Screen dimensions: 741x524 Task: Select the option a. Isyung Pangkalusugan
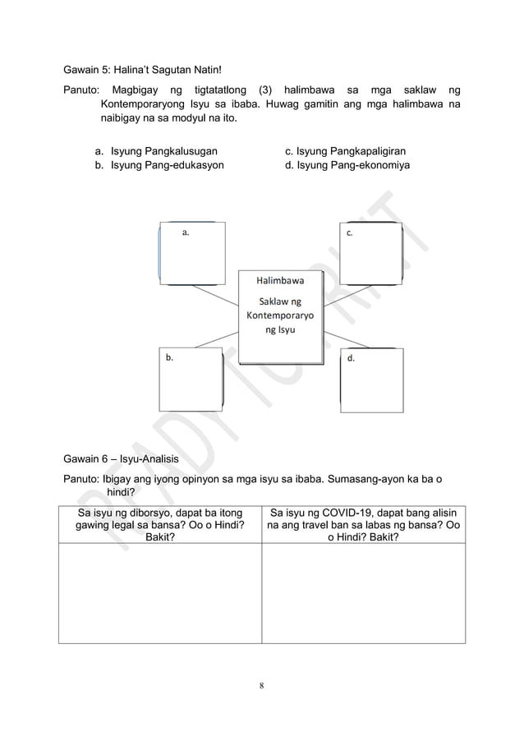[156, 152]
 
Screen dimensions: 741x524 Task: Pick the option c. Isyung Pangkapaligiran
[345, 152]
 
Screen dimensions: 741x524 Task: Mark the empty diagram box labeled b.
[191, 379]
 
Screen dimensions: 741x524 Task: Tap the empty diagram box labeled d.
[371, 379]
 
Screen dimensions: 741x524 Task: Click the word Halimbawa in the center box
[280, 280]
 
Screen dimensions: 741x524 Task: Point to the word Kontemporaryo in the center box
[280, 316]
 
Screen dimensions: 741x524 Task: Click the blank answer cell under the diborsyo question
[159, 596]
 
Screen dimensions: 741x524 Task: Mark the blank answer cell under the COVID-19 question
[363, 596]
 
